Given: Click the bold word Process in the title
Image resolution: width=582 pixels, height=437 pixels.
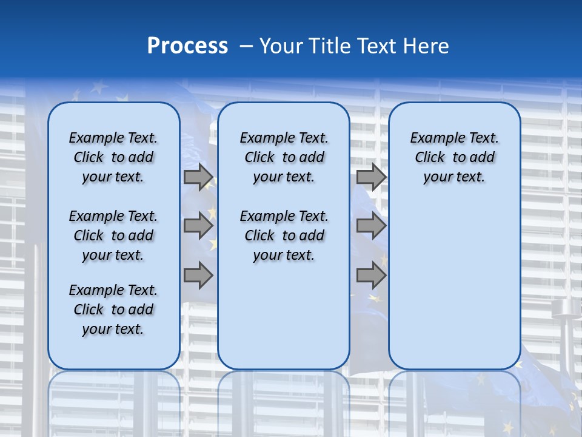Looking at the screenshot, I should click(187, 46).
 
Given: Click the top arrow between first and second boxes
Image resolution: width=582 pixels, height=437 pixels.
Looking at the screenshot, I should click(198, 177).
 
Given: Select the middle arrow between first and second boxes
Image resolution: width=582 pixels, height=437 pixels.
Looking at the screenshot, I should click(198, 226).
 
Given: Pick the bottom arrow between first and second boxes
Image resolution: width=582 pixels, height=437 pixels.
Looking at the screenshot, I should click(198, 276).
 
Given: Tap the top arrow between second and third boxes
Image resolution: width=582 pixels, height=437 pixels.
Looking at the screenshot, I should click(371, 177).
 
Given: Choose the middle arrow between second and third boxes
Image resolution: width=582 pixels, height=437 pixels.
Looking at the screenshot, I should click(371, 226).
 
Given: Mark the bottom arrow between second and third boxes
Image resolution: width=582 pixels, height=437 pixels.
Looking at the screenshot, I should click(371, 276).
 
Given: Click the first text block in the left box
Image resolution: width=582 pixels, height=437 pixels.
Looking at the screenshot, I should click(113, 157).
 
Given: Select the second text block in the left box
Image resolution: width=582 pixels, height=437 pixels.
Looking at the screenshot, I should click(113, 235).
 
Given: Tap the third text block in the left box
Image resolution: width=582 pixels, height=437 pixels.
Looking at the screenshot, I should click(113, 310).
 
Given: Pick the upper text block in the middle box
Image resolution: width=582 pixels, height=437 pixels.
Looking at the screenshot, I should click(284, 157).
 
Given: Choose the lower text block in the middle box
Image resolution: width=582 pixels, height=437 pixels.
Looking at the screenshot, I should click(284, 235).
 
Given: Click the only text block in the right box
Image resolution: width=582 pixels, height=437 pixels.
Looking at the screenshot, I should click(454, 157).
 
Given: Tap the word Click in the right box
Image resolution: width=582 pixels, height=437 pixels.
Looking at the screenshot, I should click(430, 158).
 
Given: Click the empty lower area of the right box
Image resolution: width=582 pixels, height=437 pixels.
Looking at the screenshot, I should click(454, 285).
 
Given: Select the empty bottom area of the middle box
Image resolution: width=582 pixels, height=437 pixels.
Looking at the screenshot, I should click(284, 322).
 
